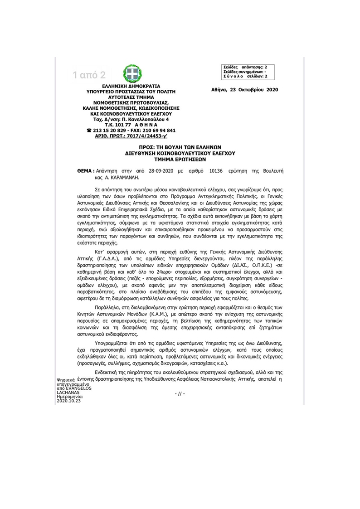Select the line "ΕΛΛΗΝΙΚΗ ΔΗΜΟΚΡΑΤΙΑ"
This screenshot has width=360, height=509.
(131, 85)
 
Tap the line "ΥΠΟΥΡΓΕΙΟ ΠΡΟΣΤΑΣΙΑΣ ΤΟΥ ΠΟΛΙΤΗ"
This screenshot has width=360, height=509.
(131, 91)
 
